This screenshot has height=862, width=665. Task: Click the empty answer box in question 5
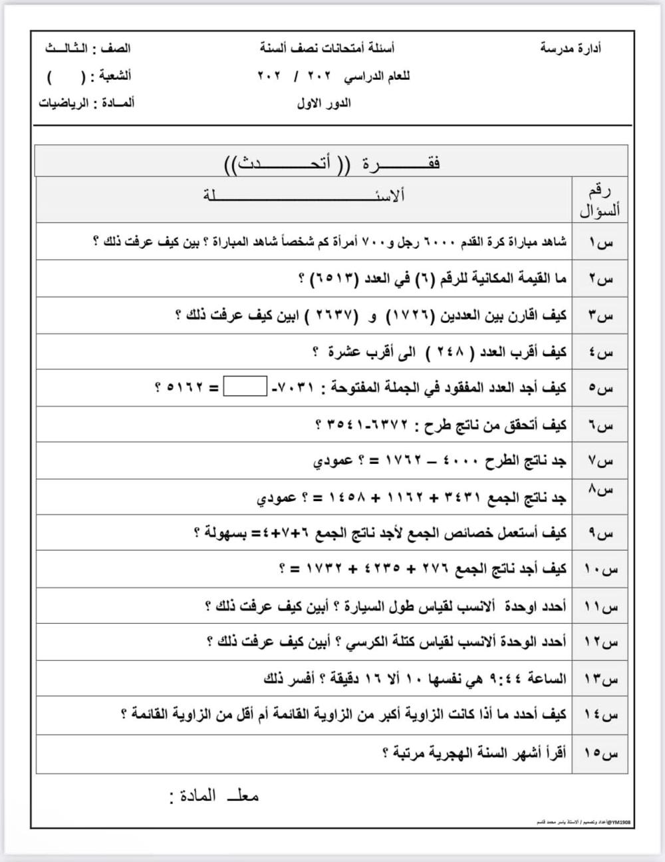245,387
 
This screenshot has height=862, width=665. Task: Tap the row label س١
600,242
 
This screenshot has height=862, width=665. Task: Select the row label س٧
600,461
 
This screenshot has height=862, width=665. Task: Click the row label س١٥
600,754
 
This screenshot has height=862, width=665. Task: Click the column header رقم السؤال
600,200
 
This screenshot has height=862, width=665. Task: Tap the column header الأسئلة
304,196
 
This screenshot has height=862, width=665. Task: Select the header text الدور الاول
324,104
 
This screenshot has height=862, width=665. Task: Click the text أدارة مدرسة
571,48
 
